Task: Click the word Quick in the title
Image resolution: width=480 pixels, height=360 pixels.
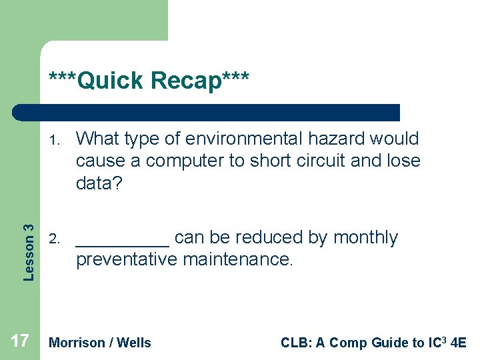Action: [110, 81]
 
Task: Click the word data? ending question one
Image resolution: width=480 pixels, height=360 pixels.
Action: [99, 183]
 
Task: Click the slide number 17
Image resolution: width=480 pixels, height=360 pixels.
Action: [20, 341]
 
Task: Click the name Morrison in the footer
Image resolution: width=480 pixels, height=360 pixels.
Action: [77, 343]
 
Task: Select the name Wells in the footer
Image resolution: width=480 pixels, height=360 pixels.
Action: [134, 343]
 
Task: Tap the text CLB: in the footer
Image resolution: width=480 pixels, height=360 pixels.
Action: [295, 343]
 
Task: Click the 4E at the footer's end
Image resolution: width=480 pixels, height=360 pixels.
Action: [459, 343]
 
